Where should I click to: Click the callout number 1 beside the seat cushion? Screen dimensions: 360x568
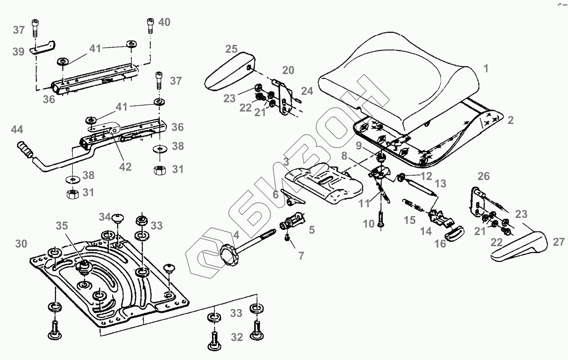tap(486, 69)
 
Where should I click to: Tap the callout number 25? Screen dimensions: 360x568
tap(231, 49)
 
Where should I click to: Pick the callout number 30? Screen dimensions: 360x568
tap(21, 244)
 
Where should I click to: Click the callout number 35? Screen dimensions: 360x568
tap(62, 226)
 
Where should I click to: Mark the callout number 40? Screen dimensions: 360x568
tap(164, 22)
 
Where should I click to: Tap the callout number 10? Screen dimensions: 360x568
tap(368, 224)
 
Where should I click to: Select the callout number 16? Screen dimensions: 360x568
tap(441, 243)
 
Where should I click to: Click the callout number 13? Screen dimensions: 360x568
tap(441, 184)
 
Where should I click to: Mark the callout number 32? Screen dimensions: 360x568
tap(237, 337)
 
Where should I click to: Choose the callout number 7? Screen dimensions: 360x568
tap(301, 255)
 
